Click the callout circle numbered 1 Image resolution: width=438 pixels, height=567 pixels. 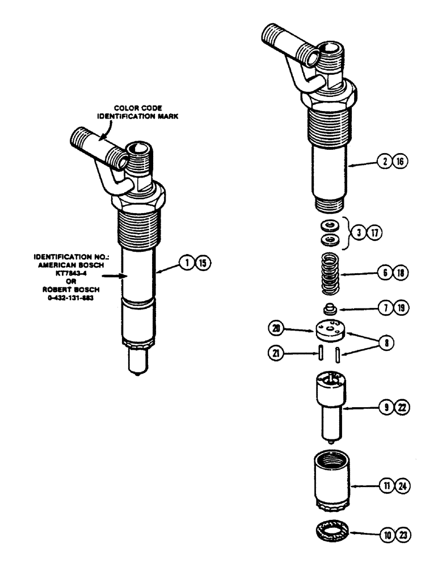click(x=184, y=263)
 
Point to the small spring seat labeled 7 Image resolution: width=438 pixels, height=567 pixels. click(x=327, y=310)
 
